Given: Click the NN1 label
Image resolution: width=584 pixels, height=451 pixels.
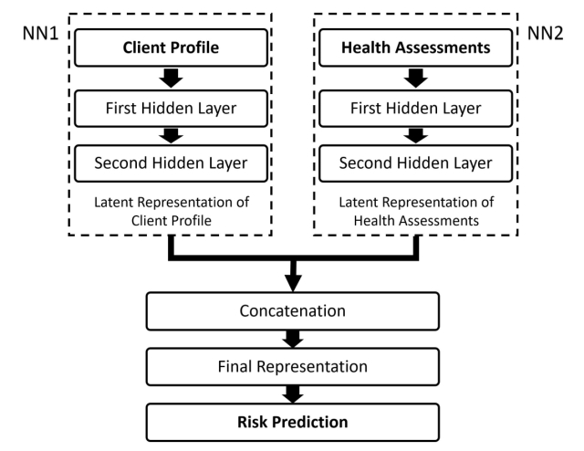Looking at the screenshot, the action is point(40,34).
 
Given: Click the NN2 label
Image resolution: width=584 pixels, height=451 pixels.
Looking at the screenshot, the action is point(546,34).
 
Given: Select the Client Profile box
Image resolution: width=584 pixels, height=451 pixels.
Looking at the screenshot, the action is point(171,47).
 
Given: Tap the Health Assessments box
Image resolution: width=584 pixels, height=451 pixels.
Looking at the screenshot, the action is point(416,47).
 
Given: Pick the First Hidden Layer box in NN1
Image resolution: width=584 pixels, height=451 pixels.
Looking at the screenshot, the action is point(171,109).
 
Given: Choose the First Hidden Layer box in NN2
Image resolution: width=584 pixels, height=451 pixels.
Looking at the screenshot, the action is point(416,109).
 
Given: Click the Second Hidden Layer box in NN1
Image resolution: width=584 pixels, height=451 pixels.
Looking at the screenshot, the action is point(171,163).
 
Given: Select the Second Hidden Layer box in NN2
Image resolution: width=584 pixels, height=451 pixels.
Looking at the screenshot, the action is point(416,163).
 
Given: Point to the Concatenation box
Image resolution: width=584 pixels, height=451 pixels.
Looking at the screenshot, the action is point(293,311).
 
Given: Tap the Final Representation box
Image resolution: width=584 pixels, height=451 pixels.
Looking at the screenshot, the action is point(293,367).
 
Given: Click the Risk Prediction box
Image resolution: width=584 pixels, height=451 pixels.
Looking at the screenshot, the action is point(293,423).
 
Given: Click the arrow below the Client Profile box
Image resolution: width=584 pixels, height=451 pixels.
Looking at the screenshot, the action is point(171,79).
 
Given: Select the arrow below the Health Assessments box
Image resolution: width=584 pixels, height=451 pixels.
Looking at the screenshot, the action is point(416,79).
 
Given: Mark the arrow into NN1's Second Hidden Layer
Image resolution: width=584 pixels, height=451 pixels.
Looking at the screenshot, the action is point(171,136).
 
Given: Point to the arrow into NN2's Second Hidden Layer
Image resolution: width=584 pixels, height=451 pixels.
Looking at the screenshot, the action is point(416,136).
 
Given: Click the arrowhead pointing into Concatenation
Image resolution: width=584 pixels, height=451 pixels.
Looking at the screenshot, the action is point(293,283).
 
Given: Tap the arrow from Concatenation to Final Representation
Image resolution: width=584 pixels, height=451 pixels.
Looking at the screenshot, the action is point(293,340).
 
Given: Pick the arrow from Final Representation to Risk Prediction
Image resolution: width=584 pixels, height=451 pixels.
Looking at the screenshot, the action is point(293,394).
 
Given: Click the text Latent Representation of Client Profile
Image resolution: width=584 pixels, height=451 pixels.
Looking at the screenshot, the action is point(172,211).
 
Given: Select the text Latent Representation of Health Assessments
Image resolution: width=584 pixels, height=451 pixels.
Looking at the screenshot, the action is point(416,211).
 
